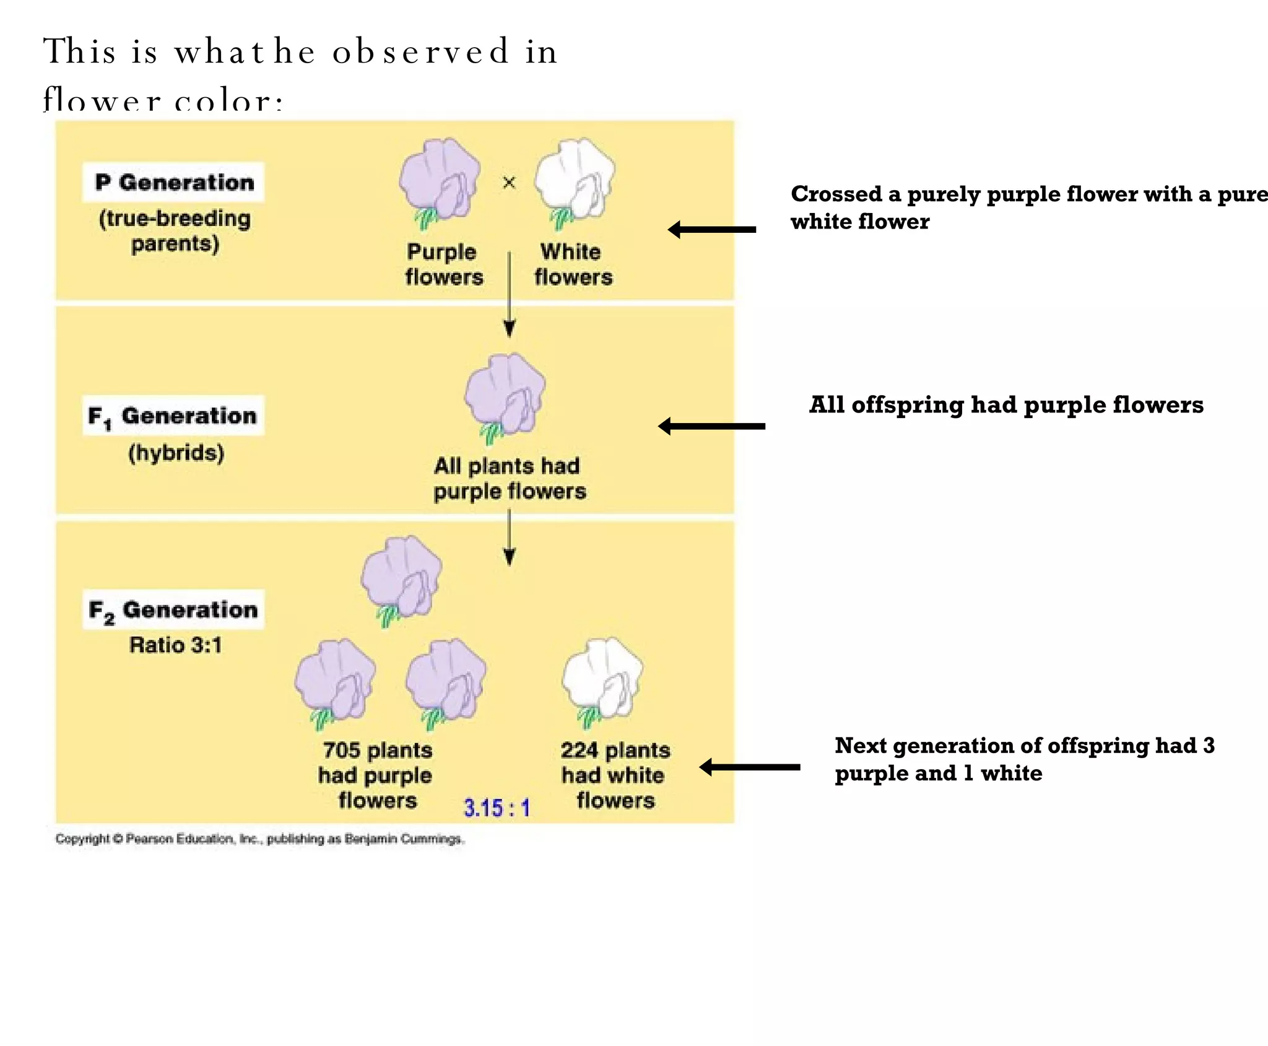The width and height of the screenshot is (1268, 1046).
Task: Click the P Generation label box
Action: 174,182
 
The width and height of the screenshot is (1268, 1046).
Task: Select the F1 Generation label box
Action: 173,416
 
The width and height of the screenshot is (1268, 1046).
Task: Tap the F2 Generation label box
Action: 173,609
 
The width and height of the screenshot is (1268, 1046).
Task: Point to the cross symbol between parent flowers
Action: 509,183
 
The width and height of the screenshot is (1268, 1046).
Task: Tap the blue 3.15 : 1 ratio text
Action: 497,808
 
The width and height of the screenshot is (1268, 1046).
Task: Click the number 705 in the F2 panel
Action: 341,750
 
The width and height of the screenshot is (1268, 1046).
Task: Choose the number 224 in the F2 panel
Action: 579,750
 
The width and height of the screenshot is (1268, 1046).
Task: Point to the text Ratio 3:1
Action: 175,645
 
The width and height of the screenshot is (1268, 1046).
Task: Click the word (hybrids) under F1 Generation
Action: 176,453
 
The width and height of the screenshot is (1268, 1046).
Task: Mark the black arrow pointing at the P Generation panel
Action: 712,230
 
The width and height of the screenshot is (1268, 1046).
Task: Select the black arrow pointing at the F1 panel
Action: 711,426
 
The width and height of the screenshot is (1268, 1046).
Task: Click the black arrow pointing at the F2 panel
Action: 750,767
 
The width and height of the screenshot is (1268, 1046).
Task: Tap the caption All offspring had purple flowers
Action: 1006,405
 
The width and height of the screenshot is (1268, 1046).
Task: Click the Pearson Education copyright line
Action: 259,839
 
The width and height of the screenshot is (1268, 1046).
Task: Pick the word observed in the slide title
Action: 421,51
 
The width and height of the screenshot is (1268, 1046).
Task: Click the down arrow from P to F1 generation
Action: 510,294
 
